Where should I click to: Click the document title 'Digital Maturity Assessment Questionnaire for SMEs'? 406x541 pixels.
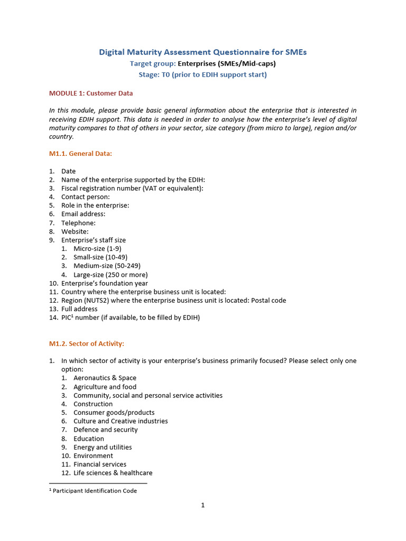[203, 52]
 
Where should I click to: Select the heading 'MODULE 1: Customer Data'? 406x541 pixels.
[91, 94]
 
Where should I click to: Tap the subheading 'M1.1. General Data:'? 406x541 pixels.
[80, 154]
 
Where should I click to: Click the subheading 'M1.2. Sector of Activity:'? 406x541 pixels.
[87, 344]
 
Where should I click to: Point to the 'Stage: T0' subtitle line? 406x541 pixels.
[203, 74]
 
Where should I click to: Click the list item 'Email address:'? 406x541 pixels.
[83, 214]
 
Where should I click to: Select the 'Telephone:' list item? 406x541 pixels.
[78, 223]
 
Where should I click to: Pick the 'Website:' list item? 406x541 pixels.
[75, 231]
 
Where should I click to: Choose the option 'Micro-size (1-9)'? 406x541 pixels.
[97, 249]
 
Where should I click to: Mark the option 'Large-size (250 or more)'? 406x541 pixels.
[110, 275]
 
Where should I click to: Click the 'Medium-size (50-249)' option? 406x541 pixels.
[107, 266]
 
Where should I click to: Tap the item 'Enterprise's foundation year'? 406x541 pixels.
[105, 283]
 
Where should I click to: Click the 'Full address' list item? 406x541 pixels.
[79, 309]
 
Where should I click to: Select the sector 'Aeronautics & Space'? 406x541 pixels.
[105, 378]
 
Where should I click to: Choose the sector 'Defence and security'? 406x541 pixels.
[105, 430]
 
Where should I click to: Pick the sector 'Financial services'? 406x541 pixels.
[100, 464]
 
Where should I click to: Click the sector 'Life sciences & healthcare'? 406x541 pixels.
[113, 473]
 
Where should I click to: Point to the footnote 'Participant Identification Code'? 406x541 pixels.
[95, 491]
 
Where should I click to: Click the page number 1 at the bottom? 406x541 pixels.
[202, 505]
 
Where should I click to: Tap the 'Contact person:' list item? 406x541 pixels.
[86, 197]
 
